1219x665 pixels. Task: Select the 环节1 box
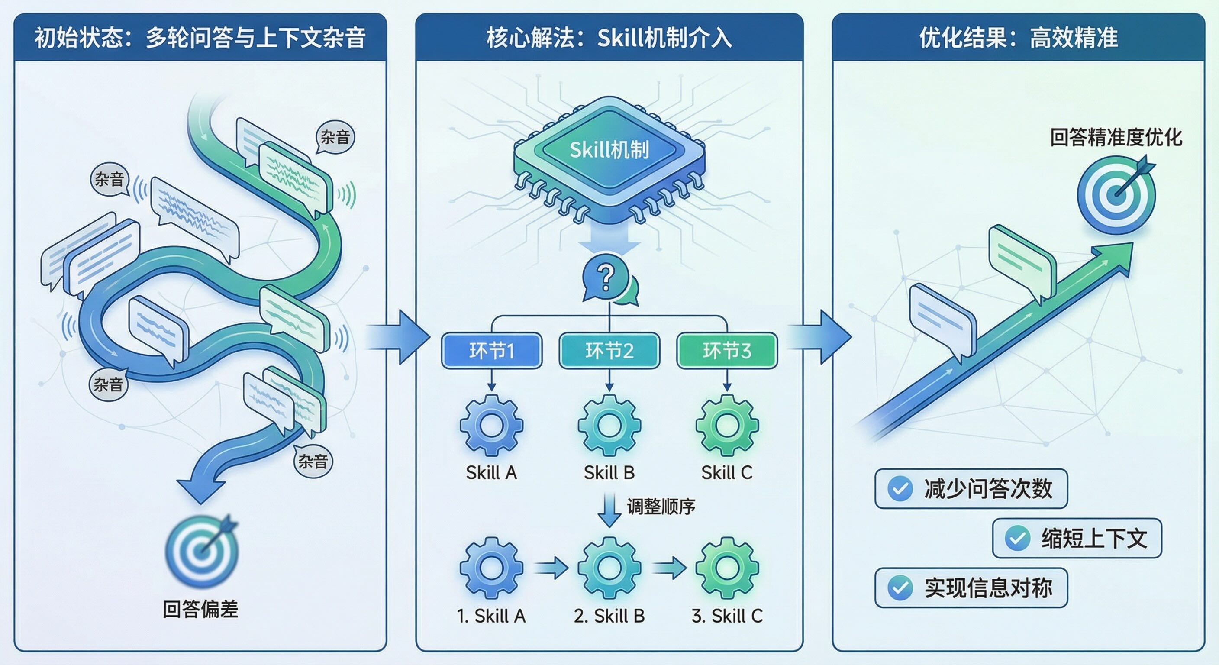coord(492,351)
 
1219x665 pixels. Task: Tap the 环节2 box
coord(609,351)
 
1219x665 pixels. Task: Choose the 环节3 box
coord(727,351)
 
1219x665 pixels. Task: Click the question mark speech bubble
coord(606,278)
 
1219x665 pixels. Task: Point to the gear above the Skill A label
coord(492,425)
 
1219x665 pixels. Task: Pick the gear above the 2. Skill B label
coord(609,568)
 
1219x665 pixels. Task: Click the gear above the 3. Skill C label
coord(727,568)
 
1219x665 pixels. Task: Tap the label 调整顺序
coord(661,507)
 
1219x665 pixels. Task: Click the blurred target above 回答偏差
coord(202,552)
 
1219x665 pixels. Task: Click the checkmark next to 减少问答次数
coord(900,489)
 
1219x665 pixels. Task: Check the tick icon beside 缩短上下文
coord(1017,538)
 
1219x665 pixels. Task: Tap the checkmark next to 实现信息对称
coord(900,588)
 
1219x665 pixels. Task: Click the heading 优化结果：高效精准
coord(1018,38)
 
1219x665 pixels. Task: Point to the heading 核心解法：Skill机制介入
coord(609,38)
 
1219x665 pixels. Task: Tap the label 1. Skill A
coord(491,616)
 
